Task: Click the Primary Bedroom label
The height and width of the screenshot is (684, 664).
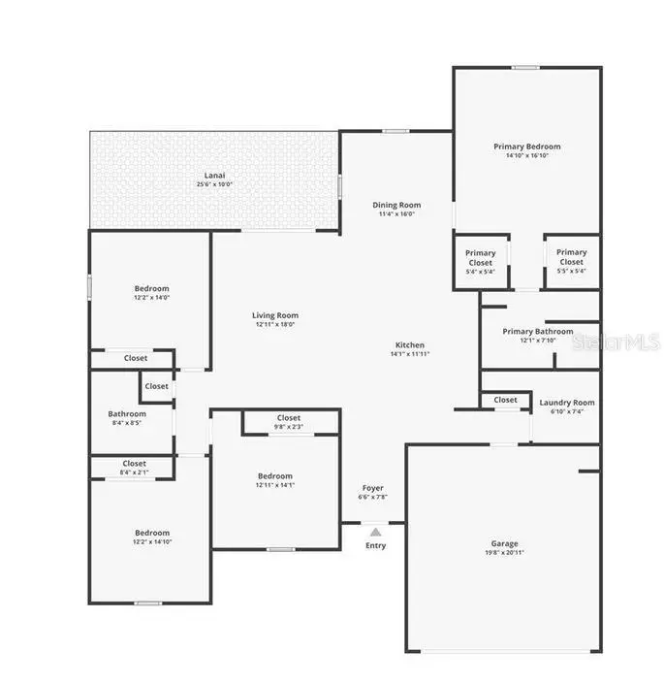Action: [526, 147]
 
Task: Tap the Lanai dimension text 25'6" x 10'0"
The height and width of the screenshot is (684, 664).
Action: [214, 184]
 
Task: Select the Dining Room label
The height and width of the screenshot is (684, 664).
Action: [396, 205]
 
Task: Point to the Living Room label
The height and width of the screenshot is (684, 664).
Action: [275, 315]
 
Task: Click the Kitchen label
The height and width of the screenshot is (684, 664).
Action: [409, 345]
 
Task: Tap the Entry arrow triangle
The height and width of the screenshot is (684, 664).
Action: [375, 531]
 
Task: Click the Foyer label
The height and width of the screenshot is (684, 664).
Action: [373, 488]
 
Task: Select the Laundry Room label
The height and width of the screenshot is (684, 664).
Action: [567, 402]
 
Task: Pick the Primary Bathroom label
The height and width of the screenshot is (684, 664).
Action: [537, 331]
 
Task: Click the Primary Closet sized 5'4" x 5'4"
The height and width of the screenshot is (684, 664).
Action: [480, 257]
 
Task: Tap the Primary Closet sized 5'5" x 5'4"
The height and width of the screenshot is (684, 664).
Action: [571, 257]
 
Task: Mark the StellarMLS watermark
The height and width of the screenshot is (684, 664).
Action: [616, 342]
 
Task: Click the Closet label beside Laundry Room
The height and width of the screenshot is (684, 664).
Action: [505, 400]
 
